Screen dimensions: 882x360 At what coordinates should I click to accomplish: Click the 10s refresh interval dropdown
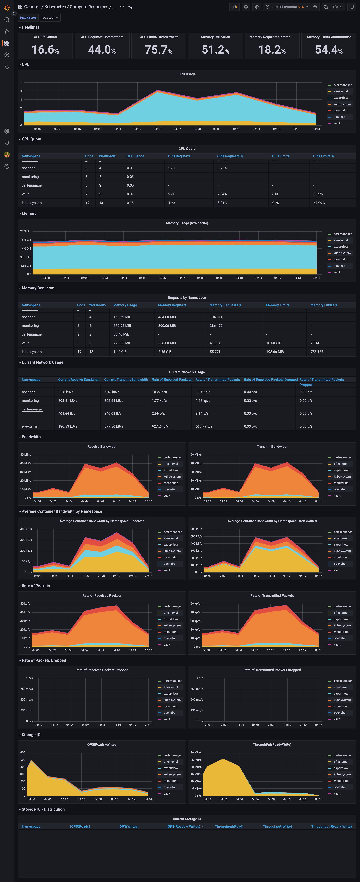pos(337,7)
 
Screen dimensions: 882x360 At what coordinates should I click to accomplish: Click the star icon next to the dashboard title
pos(122,7)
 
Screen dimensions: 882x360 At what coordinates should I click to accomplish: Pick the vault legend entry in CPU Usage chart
pos(337,123)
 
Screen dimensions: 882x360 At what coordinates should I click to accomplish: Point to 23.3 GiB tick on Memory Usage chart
pos(26,231)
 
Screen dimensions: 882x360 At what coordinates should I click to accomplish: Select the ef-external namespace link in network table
pos(30,426)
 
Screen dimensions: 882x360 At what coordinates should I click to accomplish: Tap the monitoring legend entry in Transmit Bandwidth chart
pos(341,483)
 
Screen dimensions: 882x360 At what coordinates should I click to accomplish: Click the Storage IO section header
pos(31,735)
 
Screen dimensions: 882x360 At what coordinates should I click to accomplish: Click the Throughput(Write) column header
pos(277,827)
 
